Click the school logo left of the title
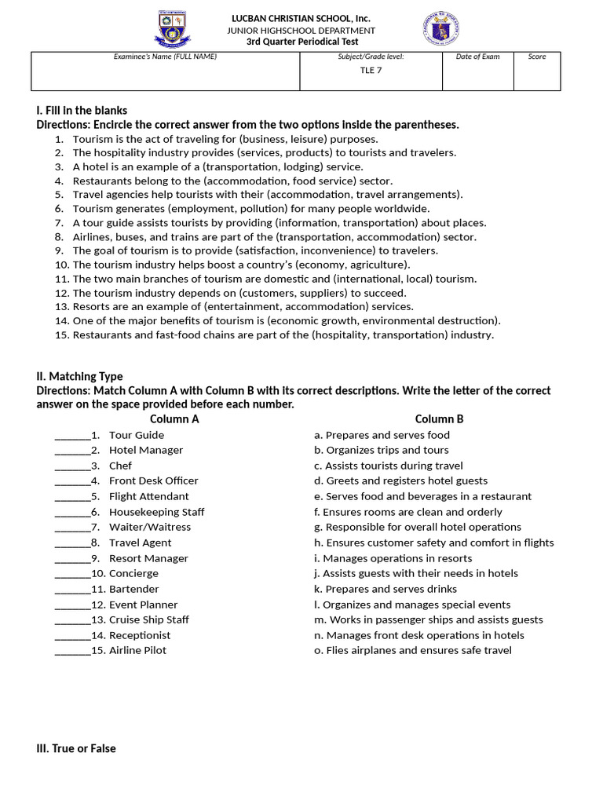173,29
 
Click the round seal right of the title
440,29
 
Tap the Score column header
537,57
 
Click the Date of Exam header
477,57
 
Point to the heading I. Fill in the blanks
82,111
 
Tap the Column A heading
174,419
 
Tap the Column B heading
439,419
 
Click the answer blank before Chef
71,466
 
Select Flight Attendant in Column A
148,496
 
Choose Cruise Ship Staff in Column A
148,619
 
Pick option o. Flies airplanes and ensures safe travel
412,650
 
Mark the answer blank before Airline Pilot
71,650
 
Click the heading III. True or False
76,749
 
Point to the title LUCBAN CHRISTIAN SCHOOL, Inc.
300,18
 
